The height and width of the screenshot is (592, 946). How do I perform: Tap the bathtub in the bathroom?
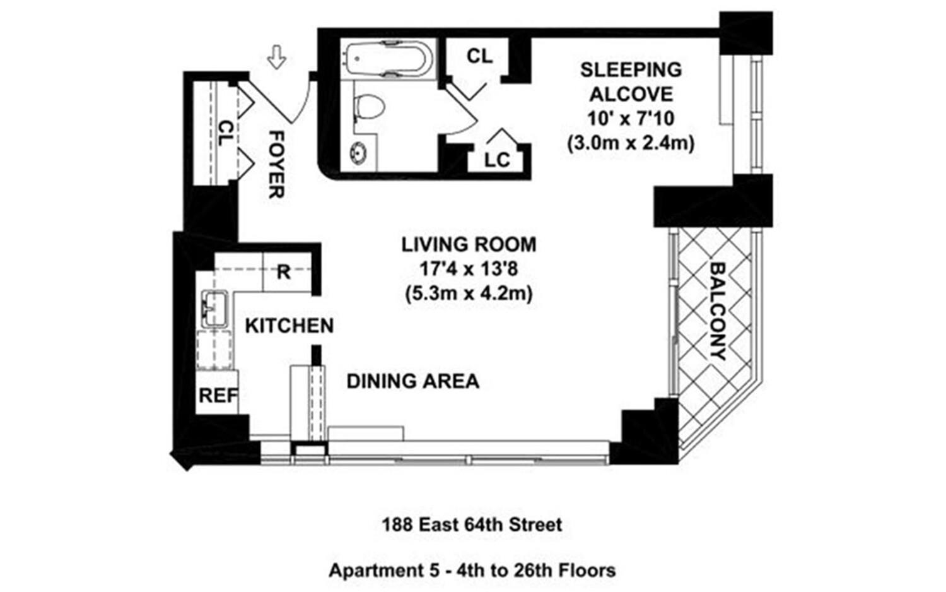387,59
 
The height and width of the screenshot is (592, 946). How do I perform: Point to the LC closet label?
497,160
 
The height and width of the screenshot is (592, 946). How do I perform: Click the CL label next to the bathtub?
479,56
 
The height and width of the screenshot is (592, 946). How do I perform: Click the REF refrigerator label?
218,396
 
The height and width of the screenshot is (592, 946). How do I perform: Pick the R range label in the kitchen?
284,272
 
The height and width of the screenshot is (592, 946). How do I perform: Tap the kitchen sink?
214,307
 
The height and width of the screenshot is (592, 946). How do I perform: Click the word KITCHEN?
289,326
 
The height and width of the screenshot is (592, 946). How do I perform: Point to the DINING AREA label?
413,381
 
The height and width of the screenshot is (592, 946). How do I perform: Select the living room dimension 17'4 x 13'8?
469,269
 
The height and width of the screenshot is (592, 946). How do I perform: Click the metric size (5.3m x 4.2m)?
469,294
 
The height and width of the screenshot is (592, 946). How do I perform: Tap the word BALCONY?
718,311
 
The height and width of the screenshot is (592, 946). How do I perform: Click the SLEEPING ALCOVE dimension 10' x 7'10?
631,119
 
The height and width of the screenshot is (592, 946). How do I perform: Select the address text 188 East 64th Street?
472,524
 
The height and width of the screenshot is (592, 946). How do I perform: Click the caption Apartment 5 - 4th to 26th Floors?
472,571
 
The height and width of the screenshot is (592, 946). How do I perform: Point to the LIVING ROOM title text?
469,244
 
